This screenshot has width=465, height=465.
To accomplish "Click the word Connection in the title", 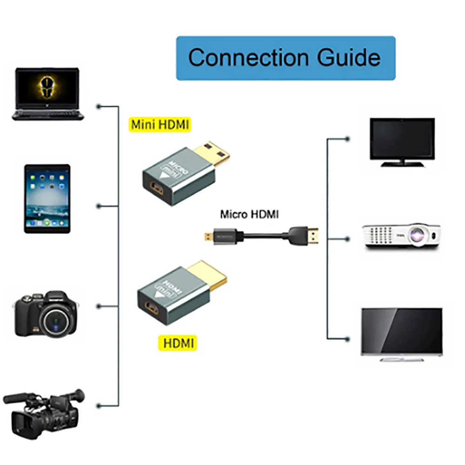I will tap(248, 58).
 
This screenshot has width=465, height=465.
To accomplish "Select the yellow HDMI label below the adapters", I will tap(177, 344).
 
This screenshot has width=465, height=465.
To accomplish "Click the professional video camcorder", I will tap(44, 412).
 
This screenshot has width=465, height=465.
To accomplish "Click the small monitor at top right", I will tap(402, 142).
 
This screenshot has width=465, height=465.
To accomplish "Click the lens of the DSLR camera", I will tap(54, 321).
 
